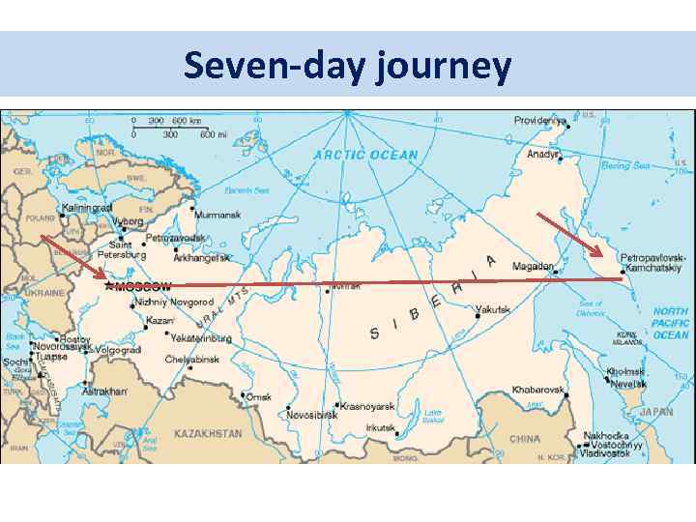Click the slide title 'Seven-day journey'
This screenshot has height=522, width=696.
coord(347,66)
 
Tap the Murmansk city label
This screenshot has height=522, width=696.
coord(218,215)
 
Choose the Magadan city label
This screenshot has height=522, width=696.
coord(534,266)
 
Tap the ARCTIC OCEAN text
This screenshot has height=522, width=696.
coord(365,155)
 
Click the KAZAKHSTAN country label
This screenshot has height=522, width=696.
coord(207,434)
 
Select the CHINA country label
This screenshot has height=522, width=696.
coord(524,438)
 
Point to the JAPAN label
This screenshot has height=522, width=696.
coord(656,411)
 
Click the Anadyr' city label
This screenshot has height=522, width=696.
coord(543,154)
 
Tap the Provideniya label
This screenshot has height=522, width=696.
coord(539,121)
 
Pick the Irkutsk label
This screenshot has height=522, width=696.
coord(381,427)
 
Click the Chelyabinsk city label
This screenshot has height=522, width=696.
coord(192,360)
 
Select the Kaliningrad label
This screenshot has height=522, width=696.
coord(87,208)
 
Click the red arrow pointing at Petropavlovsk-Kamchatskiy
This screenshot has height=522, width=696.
coord(569,235)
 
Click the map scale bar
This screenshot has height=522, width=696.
coord(173,128)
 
